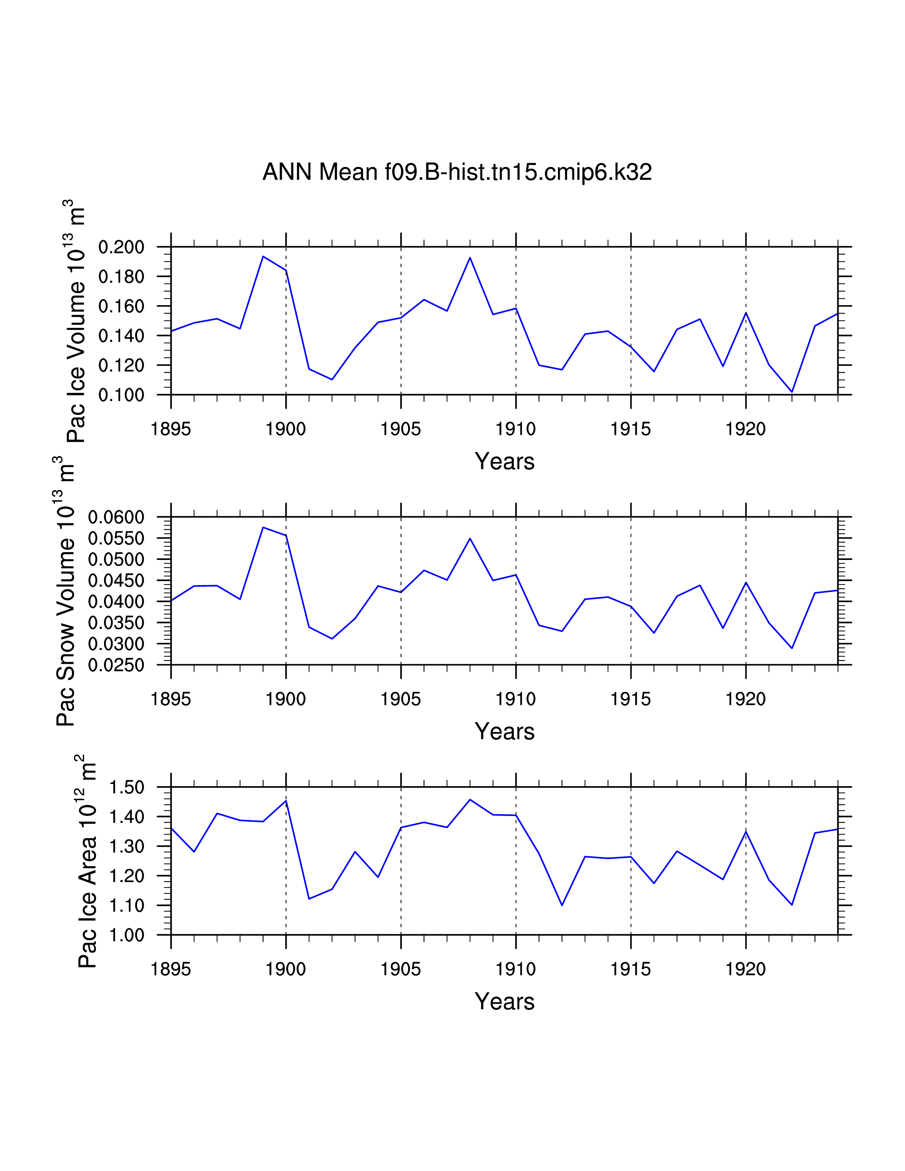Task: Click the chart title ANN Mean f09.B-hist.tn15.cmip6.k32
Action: [457, 172]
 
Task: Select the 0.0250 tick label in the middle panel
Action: [116, 665]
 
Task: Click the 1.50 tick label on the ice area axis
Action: [127, 788]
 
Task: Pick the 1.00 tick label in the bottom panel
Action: [127, 936]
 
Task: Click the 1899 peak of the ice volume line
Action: [263, 256]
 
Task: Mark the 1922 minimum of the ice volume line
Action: [792, 392]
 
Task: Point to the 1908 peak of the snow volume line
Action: [470, 538]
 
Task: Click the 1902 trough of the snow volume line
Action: [333, 639]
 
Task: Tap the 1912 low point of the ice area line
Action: [562, 905]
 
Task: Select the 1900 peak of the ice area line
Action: [286, 801]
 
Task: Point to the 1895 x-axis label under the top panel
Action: [171, 429]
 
